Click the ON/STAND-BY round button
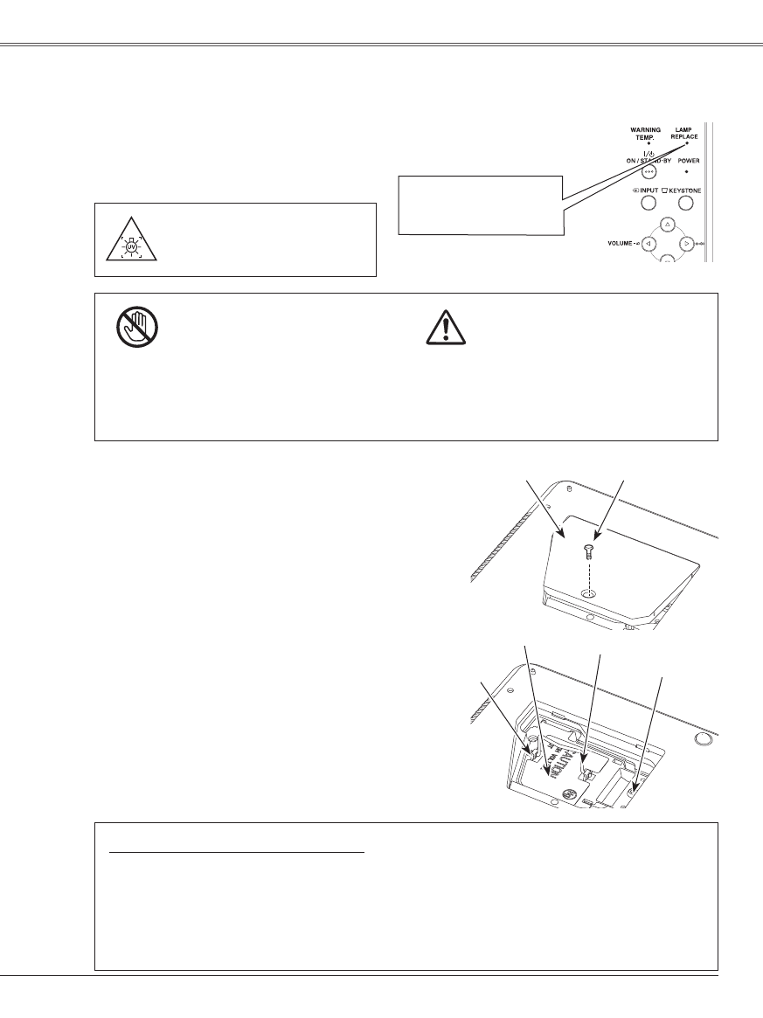(x=649, y=172)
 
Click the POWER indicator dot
(x=687, y=171)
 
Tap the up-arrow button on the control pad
(x=667, y=225)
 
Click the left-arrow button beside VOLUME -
(x=648, y=244)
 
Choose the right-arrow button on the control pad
(x=686, y=244)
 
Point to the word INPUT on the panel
(x=648, y=189)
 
